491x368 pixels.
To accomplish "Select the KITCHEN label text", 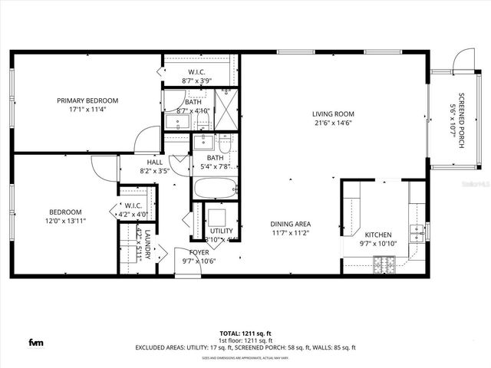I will click(378, 235).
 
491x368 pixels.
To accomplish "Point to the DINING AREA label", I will click(291, 224).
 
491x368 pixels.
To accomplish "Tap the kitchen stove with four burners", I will click(383, 264).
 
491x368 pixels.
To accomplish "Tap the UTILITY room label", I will click(221, 230).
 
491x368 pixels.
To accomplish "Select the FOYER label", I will click(199, 251).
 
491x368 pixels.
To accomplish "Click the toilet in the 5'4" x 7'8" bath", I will click(224, 142).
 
